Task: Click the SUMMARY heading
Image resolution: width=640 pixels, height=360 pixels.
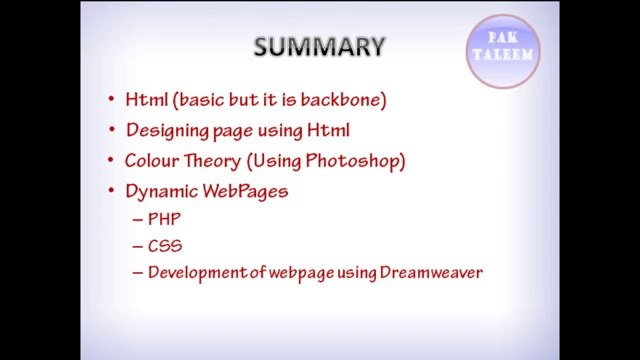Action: point(319,47)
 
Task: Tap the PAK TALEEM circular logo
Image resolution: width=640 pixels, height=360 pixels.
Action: point(503,51)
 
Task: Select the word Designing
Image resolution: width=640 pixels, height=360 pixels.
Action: point(164,130)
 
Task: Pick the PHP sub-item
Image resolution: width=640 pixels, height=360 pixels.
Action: point(164,218)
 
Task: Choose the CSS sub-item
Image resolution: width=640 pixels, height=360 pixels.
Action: point(164,245)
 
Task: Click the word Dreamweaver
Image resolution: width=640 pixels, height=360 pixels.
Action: point(431,272)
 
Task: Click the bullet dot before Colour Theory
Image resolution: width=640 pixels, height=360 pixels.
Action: point(111,161)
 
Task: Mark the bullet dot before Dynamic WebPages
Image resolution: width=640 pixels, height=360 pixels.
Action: point(111,191)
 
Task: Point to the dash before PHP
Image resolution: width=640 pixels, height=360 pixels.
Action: point(137,219)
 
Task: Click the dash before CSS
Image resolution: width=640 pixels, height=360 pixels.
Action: point(137,246)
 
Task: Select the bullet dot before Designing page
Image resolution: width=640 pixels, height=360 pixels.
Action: point(111,131)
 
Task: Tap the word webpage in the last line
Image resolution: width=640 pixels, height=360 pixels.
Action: point(303,272)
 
